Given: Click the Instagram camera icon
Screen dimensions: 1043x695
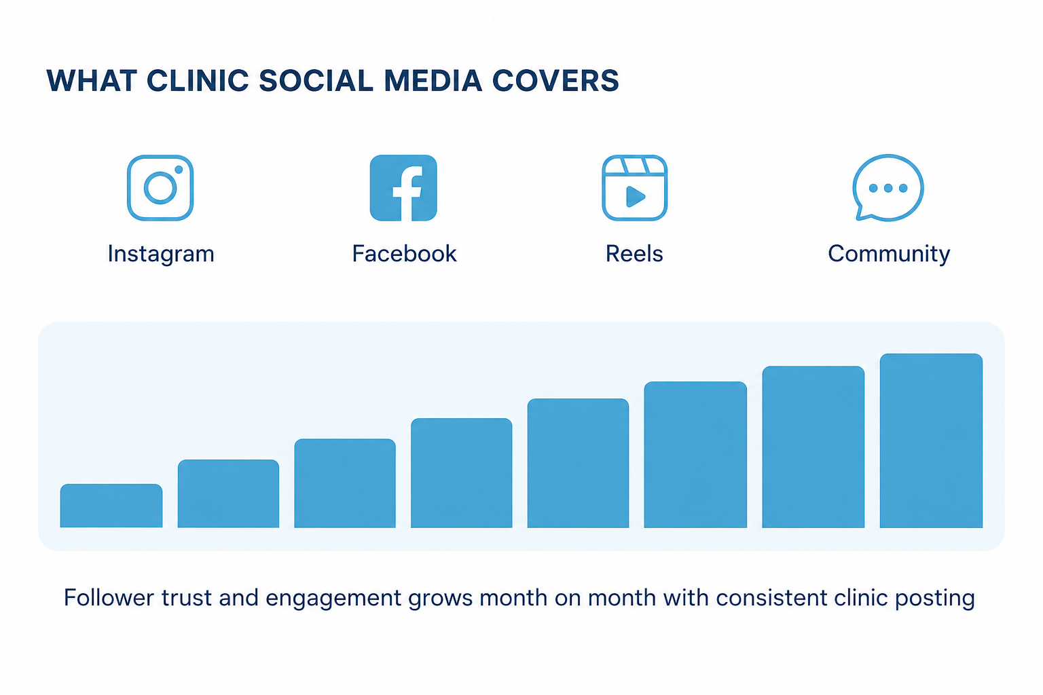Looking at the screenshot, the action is [x=160, y=187].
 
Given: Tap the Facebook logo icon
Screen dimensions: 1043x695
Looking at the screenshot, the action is [x=403, y=187].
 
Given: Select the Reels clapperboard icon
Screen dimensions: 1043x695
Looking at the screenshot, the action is [x=635, y=187].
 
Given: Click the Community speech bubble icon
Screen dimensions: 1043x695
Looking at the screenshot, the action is [x=888, y=187].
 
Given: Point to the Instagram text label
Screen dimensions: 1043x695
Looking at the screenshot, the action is [x=161, y=254].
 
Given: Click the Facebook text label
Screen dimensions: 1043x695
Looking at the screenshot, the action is [x=404, y=254].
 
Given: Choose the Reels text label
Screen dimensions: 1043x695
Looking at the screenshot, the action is [x=634, y=254].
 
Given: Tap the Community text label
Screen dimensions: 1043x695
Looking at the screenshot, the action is [x=889, y=255].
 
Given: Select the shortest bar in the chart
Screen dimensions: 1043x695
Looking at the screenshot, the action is [x=111, y=506].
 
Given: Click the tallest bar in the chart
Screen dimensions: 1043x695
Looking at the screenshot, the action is [x=931, y=440].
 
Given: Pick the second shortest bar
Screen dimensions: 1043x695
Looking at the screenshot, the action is [x=228, y=493].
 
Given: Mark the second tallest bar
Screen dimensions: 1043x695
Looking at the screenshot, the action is [x=813, y=447].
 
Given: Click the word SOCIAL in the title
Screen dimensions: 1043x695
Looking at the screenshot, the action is [x=316, y=81].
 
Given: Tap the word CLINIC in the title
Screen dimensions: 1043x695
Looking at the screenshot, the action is [x=198, y=81].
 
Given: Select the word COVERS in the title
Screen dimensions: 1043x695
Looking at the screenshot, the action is [x=555, y=81].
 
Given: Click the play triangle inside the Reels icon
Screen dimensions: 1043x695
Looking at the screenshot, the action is [x=636, y=196].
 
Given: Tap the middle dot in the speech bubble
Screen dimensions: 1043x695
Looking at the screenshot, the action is [x=888, y=188].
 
